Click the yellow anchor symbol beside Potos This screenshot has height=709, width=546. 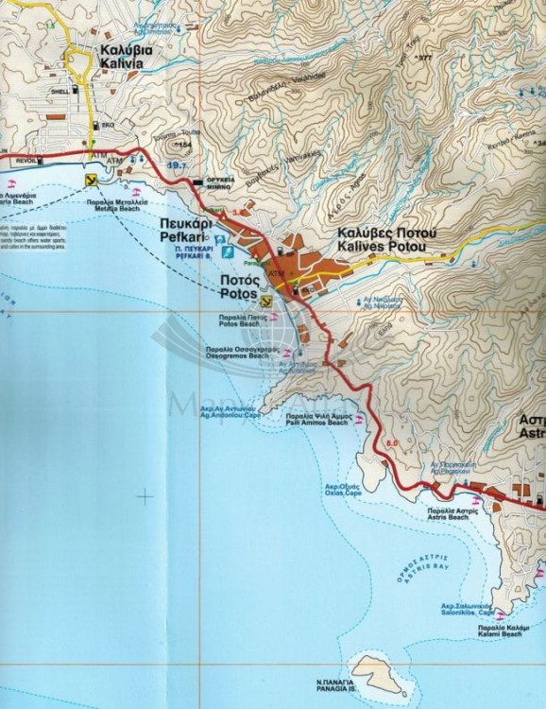(267, 300)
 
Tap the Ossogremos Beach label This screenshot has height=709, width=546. (236, 356)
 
